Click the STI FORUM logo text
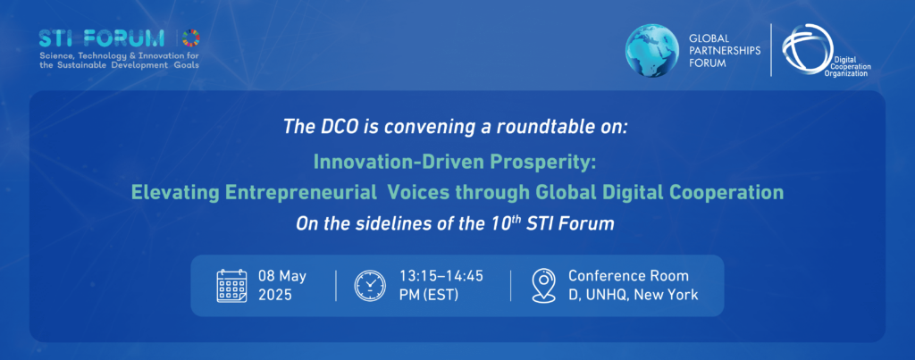(102, 38)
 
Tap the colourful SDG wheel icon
(191, 38)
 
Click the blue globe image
(652, 51)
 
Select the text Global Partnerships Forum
(725, 51)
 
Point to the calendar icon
(231, 286)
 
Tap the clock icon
(370, 285)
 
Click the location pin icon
(543, 285)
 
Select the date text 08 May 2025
(282, 285)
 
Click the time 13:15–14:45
(441, 276)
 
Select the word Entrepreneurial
(299, 193)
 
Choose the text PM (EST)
(428, 295)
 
